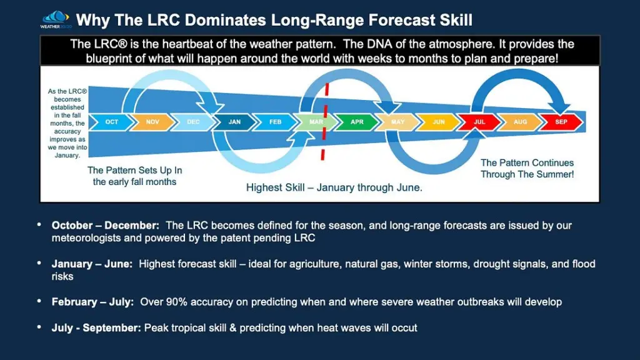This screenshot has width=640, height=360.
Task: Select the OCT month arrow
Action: (x=111, y=122)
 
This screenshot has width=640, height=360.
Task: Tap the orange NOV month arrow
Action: (x=152, y=122)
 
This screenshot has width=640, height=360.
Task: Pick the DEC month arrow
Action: (x=193, y=122)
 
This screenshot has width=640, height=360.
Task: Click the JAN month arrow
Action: (x=234, y=122)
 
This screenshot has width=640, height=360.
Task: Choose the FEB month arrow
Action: (x=275, y=122)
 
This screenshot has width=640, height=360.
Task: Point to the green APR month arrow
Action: (x=357, y=122)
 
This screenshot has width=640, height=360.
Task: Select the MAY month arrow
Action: (x=397, y=122)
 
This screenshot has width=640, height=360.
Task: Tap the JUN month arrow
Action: (x=439, y=122)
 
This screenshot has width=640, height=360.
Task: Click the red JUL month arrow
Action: (x=479, y=122)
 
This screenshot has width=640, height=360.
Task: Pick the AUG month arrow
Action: (x=520, y=122)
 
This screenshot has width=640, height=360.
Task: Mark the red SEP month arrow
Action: (x=561, y=122)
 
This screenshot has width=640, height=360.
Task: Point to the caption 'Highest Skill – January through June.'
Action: (x=334, y=187)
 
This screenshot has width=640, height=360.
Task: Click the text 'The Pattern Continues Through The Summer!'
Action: (x=527, y=169)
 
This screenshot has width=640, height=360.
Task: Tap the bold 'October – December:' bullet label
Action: (x=106, y=225)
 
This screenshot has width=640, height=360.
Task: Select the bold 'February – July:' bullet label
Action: (x=92, y=302)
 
